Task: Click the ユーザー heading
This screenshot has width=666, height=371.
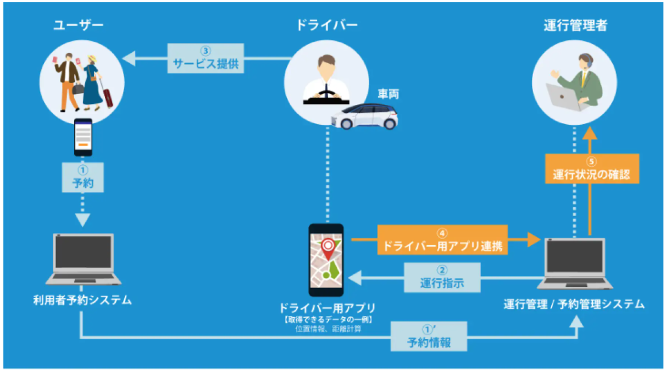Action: coord(79,25)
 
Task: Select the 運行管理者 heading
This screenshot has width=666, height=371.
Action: coord(575,25)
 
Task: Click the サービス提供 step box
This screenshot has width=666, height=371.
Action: coord(206,58)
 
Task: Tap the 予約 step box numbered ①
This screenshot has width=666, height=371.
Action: coord(82,176)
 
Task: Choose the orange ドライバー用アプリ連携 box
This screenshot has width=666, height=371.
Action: coord(441,239)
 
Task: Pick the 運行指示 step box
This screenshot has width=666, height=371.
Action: coord(441,277)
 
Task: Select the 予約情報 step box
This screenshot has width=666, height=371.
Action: coord(429,336)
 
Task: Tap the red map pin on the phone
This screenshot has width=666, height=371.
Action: coord(329,247)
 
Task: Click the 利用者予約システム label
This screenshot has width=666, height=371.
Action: coord(82,301)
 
